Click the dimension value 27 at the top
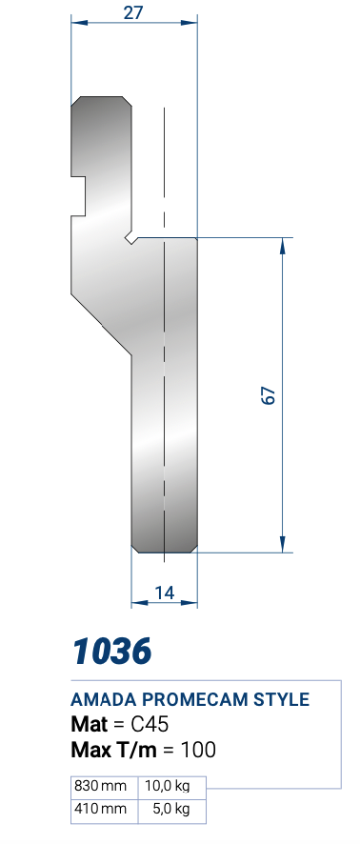click(133, 11)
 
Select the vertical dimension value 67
click(269, 395)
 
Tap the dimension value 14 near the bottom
click(165, 593)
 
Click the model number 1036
click(112, 651)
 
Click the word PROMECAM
click(197, 699)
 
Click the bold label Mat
click(90, 725)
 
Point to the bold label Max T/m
click(113, 750)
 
